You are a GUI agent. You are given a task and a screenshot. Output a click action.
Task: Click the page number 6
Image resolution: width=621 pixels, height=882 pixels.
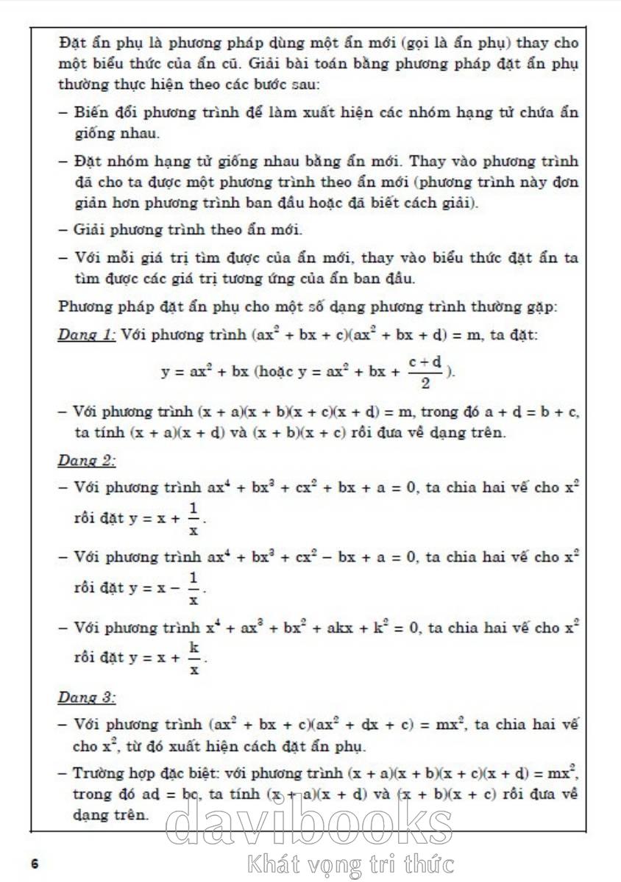coord(35,863)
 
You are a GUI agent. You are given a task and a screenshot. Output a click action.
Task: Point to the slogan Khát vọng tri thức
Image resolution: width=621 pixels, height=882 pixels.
coord(352,864)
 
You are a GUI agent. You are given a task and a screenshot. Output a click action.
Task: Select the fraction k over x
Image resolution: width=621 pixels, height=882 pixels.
coord(194,659)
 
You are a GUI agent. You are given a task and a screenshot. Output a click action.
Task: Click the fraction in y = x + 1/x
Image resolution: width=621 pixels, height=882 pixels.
coord(194,520)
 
